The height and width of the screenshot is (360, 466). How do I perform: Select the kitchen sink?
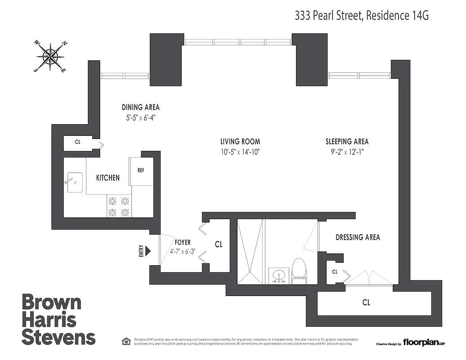coord(75,182)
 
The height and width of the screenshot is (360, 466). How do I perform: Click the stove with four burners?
coord(119,206)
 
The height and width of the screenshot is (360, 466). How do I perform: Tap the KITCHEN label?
coord(108,178)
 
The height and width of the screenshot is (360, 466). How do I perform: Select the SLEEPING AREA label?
coord(347,141)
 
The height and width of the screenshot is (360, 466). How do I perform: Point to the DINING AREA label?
coord(140,107)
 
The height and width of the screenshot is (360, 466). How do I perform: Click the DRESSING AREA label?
coord(358,237)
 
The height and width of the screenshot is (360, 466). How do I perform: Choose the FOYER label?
coord(183,242)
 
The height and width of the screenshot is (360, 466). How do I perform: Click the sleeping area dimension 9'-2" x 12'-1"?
coord(347,152)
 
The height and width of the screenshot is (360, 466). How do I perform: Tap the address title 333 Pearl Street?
coord(361,16)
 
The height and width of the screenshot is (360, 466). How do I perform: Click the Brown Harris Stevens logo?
coord(58,319)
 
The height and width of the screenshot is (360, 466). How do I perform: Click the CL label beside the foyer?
coord(219,245)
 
